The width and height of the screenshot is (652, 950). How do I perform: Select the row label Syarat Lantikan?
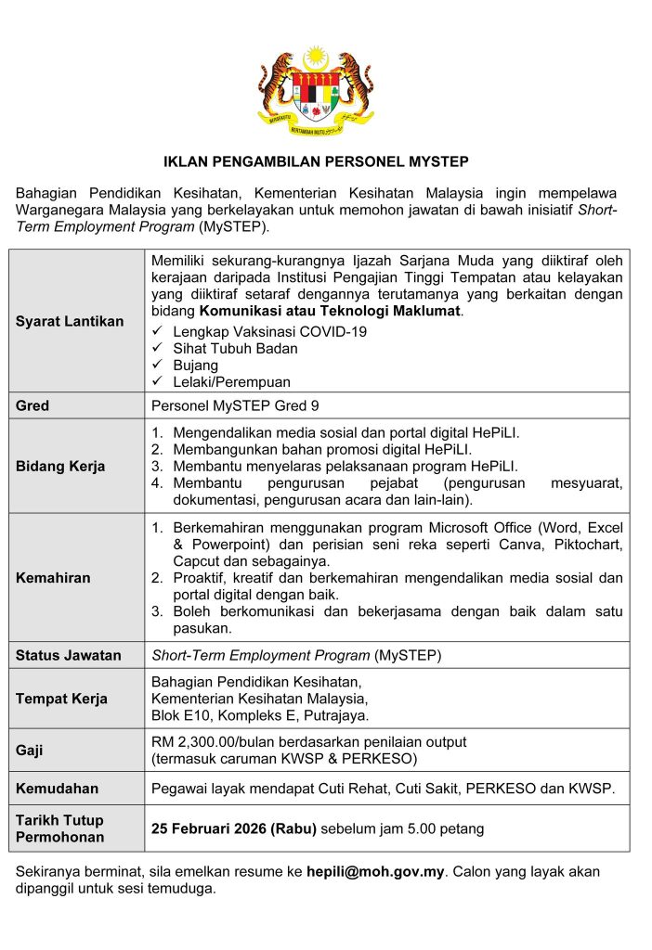pos(70,321)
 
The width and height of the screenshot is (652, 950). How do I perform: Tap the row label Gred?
pos(33,406)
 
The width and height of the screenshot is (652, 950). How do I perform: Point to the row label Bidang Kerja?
pos(60,466)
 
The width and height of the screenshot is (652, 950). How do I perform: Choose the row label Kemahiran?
pos(53,577)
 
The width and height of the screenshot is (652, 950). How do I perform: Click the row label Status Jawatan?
pos(69,655)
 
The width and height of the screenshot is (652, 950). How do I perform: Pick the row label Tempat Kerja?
pos(61,699)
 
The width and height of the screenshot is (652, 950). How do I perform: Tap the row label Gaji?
pos(30,750)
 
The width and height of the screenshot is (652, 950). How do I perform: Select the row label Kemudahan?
pos(57,789)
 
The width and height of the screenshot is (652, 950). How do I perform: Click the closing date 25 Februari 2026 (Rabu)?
pos(235,828)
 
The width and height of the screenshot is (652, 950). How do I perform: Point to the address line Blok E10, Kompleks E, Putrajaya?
pos(260,715)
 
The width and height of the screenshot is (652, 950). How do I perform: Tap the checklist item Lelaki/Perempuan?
pos(231,381)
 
